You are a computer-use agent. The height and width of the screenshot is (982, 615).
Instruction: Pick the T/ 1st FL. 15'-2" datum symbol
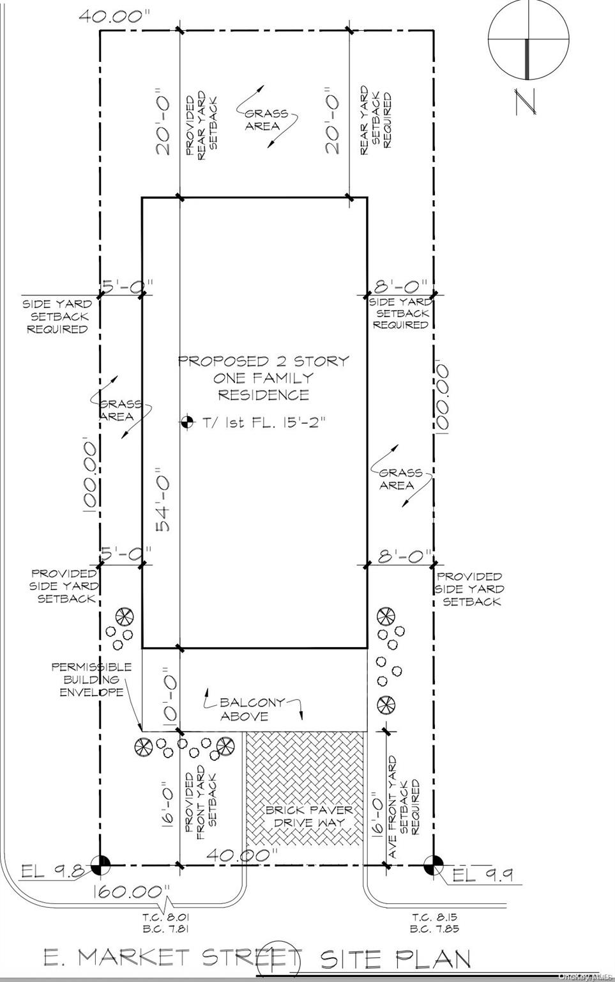tap(187, 422)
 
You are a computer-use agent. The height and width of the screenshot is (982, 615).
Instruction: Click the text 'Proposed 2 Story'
tap(264, 361)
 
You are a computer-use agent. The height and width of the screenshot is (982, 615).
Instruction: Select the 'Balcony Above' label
tap(252, 709)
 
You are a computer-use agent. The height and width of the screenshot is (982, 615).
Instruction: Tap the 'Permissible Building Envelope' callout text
tap(91, 680)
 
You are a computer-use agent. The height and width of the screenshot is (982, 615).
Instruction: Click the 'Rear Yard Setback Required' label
tap(376, 120)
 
